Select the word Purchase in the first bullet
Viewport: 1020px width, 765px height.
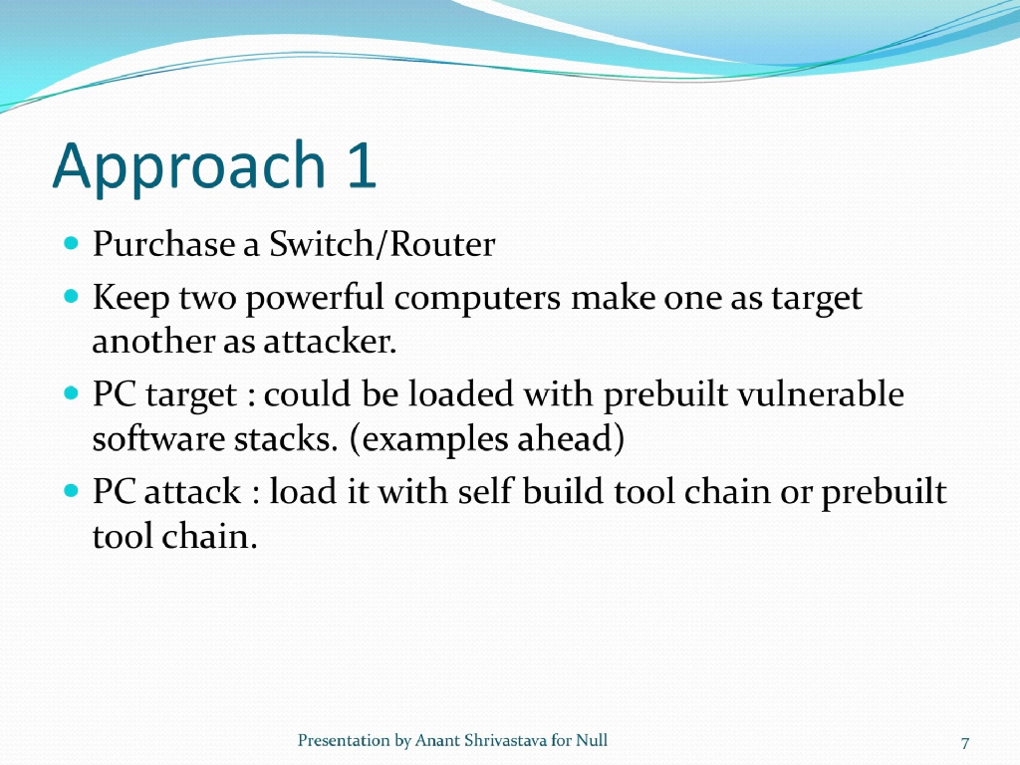(x=163, y=245)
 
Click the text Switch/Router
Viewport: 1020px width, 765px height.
(x=382, y=245)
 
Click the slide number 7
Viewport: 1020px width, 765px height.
(x=965, y=742)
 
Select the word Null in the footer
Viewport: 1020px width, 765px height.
(x=592, y=740)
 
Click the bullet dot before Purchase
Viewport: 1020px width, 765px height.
(x=71, y=242)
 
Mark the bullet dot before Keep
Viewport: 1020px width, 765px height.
(x=71, y=297)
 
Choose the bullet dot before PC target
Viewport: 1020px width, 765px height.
(x=71, y=394)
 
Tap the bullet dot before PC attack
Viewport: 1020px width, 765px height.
(x=71, y=491)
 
